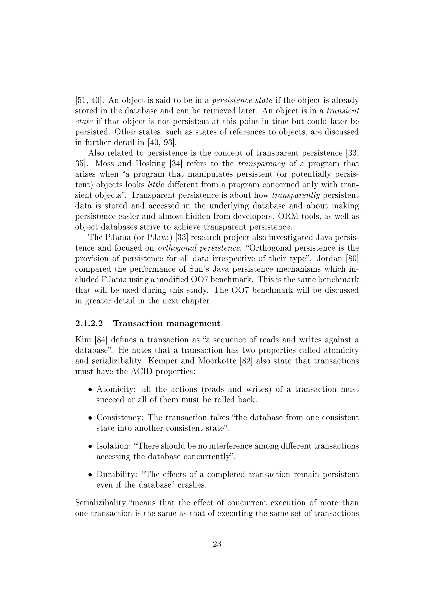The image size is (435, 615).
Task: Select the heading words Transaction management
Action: [x=166, y=324]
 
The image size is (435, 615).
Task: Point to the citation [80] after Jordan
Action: [x=352, y=258]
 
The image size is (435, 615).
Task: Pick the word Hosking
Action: [x=151, y=164]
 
